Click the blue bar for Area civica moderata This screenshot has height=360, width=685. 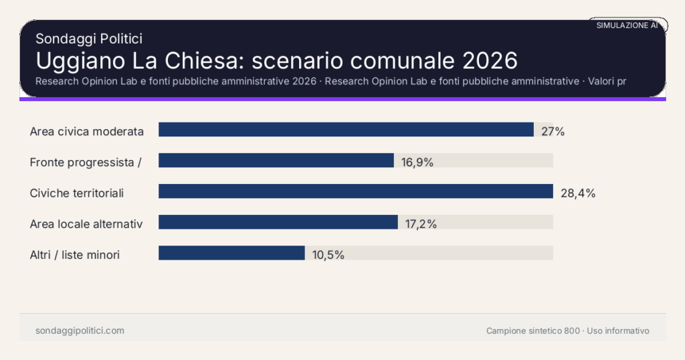346,130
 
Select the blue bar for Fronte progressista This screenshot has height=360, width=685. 276,161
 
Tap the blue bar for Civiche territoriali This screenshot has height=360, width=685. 355,191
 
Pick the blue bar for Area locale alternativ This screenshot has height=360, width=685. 278,222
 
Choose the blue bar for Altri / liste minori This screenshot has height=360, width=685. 231,253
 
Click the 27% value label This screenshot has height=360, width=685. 553,131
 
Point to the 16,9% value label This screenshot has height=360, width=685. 417,162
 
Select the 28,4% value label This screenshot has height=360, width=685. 577,193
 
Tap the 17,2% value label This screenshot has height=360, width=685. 421,224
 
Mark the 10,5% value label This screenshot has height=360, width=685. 328,255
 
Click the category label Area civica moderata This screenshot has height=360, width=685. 87,131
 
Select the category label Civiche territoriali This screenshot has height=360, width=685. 77,193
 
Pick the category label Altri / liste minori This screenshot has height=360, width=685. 75,254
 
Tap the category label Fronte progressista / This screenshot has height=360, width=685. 85,162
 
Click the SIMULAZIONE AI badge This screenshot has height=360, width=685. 627,25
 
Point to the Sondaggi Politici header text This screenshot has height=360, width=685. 88,39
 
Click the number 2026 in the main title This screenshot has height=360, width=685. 490,60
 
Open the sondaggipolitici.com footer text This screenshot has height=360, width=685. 80,331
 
